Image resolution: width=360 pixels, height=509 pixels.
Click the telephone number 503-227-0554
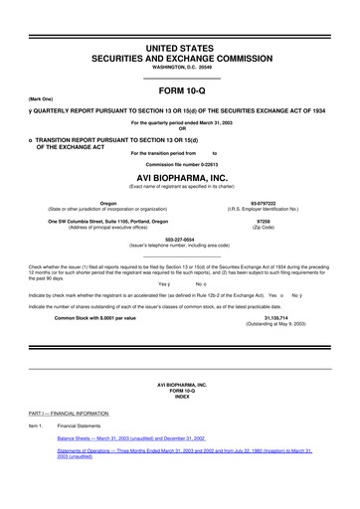179,240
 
